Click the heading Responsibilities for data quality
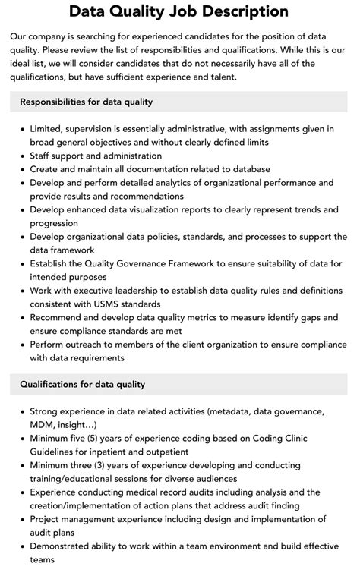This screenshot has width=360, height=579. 86,102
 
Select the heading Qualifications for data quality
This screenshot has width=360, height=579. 82,385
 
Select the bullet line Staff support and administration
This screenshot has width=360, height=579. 102,156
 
